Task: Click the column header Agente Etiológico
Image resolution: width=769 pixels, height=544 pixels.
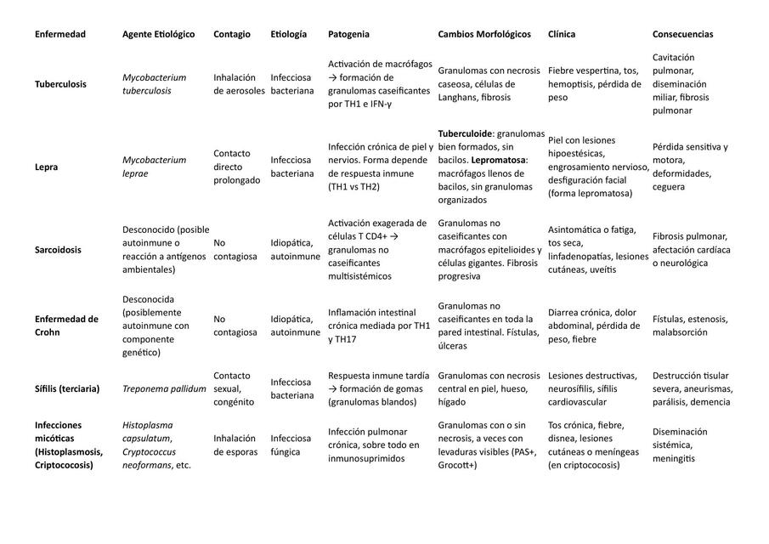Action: [158, 35]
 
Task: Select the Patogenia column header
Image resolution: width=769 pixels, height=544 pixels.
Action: [348, 35]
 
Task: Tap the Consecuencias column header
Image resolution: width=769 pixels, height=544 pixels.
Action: [682, 35]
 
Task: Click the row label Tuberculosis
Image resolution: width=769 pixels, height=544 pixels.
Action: [60, 84]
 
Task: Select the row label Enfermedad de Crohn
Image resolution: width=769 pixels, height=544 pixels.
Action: [66, 326]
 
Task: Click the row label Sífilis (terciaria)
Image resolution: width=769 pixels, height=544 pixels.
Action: [67, 388]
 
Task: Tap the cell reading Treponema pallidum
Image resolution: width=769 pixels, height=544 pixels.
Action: [164, 388]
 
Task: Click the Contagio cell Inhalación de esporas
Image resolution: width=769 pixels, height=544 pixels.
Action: [235, 445]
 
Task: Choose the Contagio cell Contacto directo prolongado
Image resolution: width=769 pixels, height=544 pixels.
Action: [237, 167]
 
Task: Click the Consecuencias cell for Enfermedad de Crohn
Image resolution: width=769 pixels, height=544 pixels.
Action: [690, 326]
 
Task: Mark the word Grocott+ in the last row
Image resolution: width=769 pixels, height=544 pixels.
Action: [459, 466]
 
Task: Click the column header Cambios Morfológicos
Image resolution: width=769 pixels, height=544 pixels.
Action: [484, 35]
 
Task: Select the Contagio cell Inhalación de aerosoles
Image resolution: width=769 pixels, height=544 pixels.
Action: [239, 84]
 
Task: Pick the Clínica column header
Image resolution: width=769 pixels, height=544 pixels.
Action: [562, 35]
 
